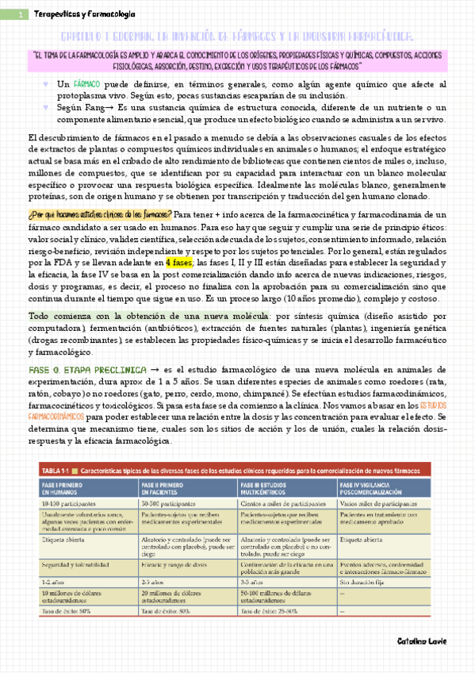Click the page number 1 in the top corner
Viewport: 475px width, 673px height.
(20, 15)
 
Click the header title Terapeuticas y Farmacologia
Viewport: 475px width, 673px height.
(84, 14)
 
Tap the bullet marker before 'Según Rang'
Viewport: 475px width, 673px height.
(46, 106)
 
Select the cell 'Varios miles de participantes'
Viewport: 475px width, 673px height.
(380, 504)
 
